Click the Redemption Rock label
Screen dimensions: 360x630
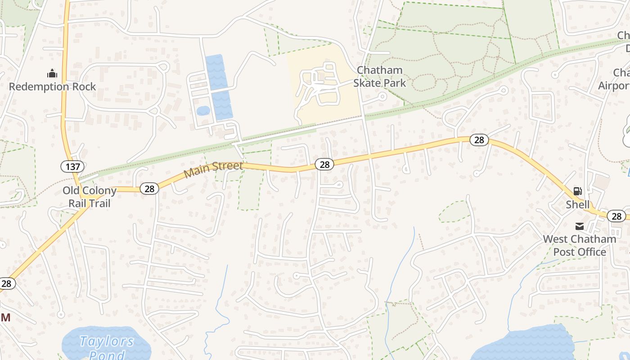(52, 86)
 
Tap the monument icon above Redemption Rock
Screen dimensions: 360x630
(52, 73)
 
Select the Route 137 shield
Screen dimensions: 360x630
(72, 167)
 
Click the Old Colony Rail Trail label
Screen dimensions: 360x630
(90, 197)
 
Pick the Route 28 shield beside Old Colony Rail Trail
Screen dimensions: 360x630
(149, 189)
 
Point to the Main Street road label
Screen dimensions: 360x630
(213, 169)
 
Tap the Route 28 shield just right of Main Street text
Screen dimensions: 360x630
(324, 165)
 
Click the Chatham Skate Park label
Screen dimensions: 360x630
(379, 76)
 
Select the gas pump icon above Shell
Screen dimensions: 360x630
(578, 192)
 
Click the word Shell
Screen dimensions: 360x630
(578, 205)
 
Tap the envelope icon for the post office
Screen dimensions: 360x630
(580, 226)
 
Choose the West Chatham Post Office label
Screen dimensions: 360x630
(580, 245)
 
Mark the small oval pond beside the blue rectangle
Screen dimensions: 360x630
(203, 110)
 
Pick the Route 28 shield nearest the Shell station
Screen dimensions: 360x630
(616, 216)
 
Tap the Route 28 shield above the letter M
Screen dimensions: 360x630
(7, 283)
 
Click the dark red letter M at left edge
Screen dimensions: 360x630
(5, 318)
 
